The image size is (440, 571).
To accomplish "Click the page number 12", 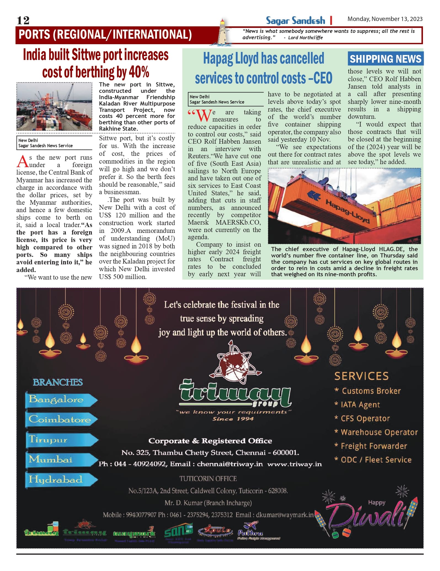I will (x=23, y=20).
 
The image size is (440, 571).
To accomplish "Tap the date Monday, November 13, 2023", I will (x=385, y=19).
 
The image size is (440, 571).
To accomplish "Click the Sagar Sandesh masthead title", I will (x=295, y=21).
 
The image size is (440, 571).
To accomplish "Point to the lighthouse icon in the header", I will (x=222, y=32).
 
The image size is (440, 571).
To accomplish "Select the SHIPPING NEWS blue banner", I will (x=385, y=59).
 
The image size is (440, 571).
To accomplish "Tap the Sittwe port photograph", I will (x=54, y=106).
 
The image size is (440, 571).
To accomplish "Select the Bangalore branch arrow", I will (x=61, y=399).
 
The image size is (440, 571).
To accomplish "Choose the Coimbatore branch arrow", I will (x=61, y=419).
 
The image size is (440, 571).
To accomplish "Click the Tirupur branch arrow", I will (x=61, y=440).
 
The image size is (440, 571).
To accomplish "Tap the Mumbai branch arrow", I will (x=61, y=459).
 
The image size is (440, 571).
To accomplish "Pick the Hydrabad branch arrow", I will (x=61, y=479).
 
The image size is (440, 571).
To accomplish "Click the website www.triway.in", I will (x=294, y=464).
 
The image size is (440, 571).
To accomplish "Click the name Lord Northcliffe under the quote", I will (x=305, y=38).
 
